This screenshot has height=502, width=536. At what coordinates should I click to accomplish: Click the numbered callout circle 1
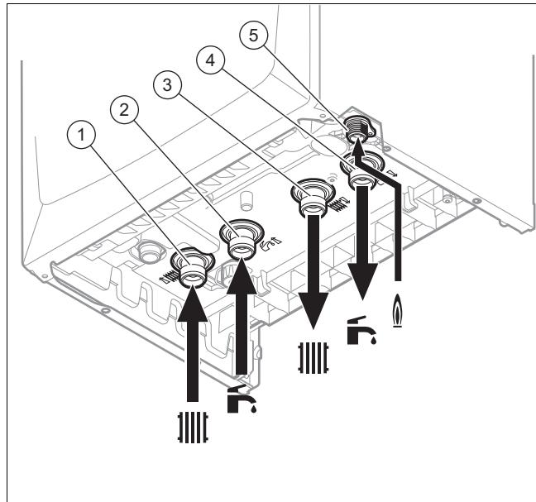81,135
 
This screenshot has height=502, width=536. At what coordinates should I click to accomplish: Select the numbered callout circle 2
124,110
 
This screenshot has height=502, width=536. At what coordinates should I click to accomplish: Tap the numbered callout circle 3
167,84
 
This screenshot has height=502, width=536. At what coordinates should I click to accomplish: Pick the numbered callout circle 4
210,60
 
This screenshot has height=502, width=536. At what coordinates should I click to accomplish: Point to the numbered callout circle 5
253,35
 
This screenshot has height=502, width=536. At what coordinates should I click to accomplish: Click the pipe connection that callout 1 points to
193,270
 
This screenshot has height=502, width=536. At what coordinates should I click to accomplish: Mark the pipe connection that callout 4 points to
362,171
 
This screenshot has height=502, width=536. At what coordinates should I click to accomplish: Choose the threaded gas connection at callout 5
359,129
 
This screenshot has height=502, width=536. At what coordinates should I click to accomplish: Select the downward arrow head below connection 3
313,310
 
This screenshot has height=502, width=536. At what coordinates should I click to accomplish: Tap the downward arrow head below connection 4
363,281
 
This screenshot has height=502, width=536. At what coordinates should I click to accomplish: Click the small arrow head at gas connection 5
357,148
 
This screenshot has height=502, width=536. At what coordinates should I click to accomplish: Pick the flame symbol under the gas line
397,311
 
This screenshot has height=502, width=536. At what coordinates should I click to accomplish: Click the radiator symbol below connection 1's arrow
193,428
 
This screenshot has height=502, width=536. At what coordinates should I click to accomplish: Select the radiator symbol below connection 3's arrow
313,358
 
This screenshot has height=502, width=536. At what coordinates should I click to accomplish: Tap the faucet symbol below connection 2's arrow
242,399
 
